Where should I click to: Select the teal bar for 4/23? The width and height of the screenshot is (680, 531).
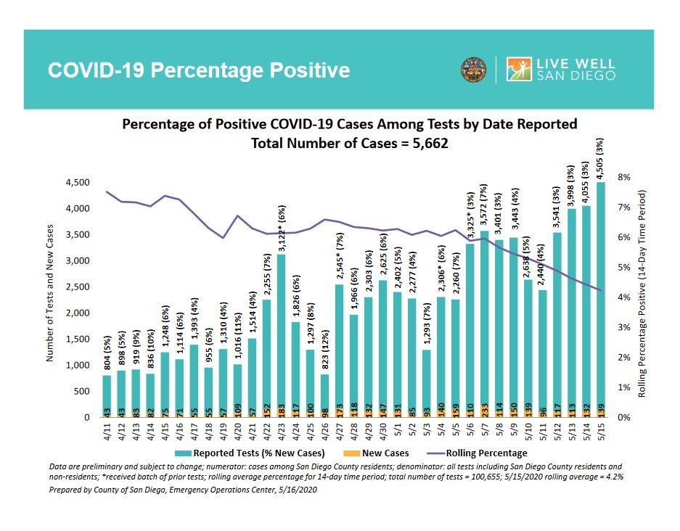click(x=280, y=334)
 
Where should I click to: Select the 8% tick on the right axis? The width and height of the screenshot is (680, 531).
click(x=623, y=177)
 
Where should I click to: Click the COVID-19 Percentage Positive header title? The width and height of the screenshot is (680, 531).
click(x=198, y=70)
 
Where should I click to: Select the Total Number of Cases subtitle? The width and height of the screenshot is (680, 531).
click(x=349, y=143)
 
